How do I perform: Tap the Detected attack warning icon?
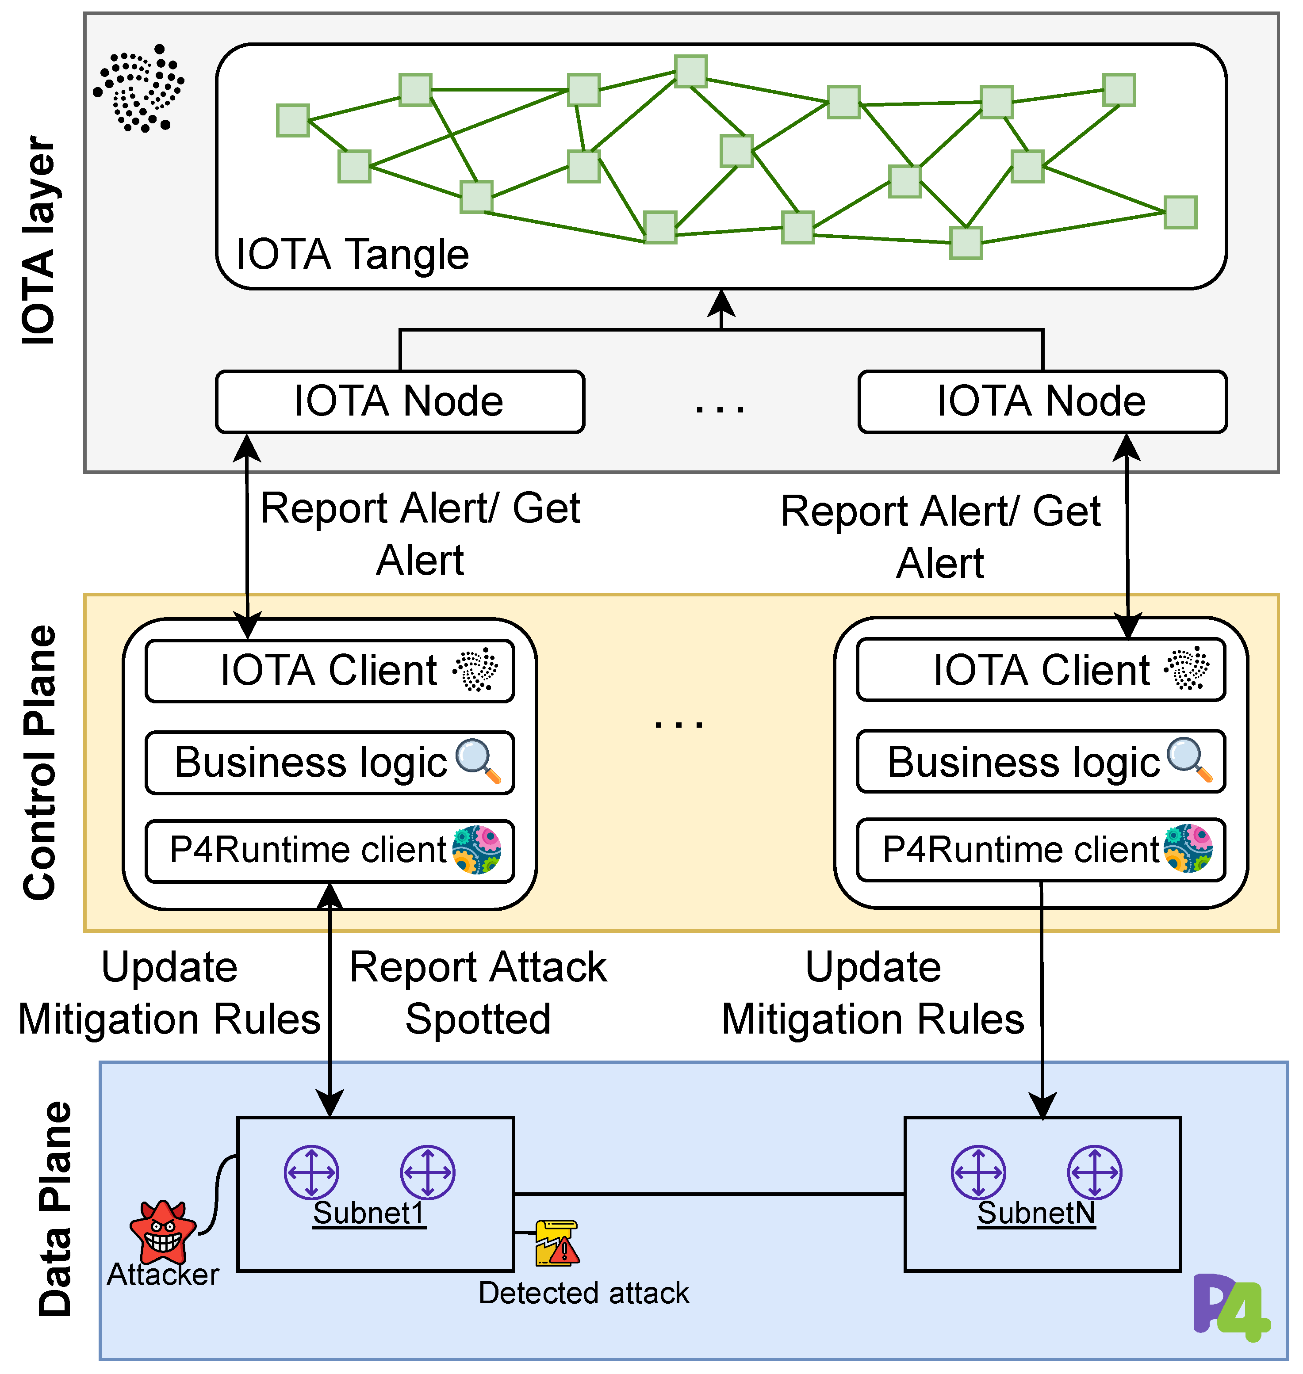(x=556, y=1244)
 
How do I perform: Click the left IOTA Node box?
(x=399, y=402)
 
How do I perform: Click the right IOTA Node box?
(x=1042, y=402)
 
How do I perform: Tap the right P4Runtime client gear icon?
(x=1188, y=848)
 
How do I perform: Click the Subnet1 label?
(x=369, y=1213)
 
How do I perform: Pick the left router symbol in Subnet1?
(x=311, y=1173)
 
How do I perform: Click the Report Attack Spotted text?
(x=478, y=993)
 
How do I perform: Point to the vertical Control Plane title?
(x=40, y=762)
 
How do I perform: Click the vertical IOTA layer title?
(x=38, y=241)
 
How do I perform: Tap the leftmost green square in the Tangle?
(x=292, y=120)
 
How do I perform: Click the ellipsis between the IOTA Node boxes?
(x=720, y=408)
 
